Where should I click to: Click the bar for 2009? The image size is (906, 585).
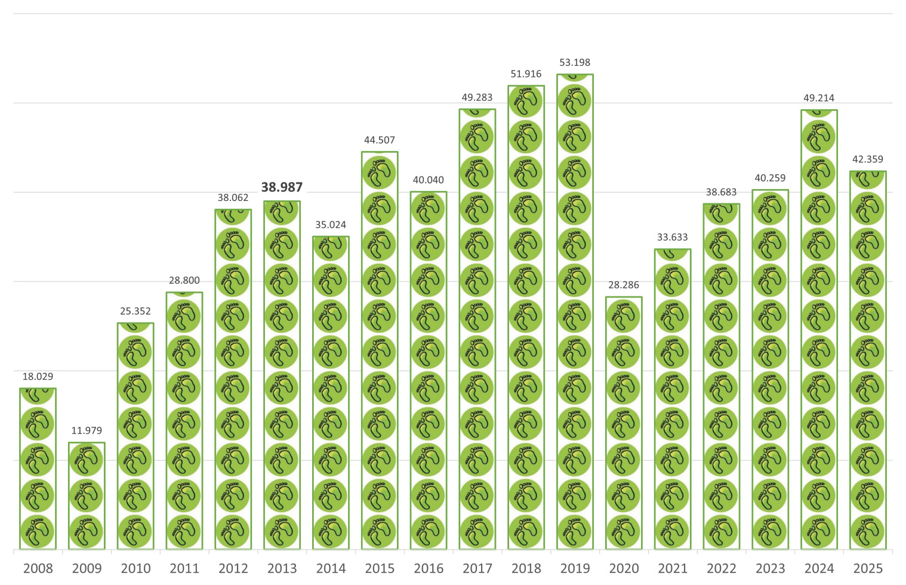coord(87,496)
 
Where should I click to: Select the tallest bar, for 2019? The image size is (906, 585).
coord(575,311)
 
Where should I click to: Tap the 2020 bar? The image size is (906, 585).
coord(624,423)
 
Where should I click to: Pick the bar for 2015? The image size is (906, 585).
coord(380,350)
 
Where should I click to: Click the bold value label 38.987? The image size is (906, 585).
coord(282,187)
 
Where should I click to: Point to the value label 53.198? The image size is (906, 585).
coord(575,63)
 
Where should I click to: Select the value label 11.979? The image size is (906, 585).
coord(87,431)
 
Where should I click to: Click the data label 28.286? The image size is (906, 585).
coord(624,285)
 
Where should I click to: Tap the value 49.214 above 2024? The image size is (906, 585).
coord(819,98)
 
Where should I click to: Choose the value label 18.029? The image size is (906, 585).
coord(38,376)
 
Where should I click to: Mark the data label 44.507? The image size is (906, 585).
coord(380,140)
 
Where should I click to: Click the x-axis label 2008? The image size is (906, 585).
coord(38,568)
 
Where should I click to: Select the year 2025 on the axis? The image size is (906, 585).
coord(868,568)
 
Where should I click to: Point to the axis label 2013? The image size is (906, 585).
coord(282,568)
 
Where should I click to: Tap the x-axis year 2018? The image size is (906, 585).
coord(526,568)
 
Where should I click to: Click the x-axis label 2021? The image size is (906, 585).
coord(673,568)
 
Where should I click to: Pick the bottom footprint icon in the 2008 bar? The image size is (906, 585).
coord(38,531)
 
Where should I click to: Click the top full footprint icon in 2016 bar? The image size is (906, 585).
coord(429,209)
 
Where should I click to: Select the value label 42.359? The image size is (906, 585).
coord(868,159)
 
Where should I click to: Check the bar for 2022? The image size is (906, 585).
coord(722,376)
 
